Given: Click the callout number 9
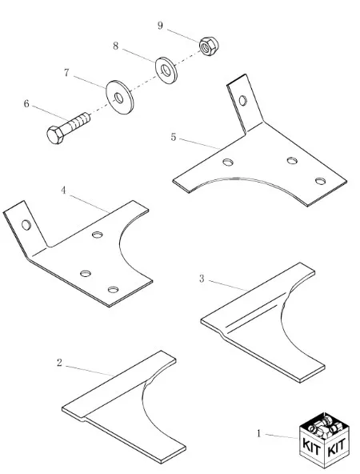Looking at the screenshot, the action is coord(160,26).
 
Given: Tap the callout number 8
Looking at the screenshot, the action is coord(116,46).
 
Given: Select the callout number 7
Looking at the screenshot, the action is coord(66,73).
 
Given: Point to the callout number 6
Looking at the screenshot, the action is coord(26,104).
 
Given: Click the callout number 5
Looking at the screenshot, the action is coord(173,137).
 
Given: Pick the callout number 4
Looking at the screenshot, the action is coord(63,191).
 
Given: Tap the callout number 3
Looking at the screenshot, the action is coord(202,279).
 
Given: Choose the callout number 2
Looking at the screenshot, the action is coord(59,363).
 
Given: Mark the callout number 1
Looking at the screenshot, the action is coord(258,433).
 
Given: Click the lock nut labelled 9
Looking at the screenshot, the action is coord(209,46).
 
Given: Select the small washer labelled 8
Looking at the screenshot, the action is coord(166,70).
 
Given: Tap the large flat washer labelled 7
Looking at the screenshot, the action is coord(120,97).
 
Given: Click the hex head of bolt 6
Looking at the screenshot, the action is coord(55,135).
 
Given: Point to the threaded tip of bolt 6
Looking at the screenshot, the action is coord(86,117).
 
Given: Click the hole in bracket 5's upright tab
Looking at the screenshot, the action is coord(243,100).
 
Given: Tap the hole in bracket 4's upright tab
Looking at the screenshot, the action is coord(26,225).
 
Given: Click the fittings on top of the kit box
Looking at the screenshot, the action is coord(324,427).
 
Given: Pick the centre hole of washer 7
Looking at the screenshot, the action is coord(118,98).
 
